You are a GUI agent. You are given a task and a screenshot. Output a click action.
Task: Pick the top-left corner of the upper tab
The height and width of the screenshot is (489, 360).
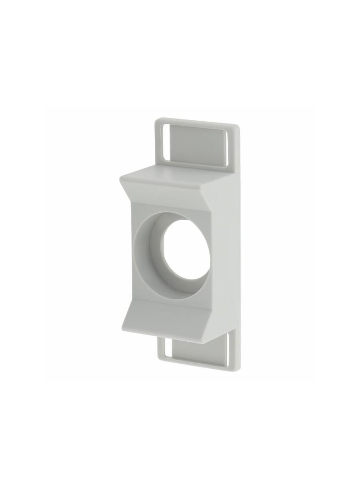[x=156, y=121]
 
